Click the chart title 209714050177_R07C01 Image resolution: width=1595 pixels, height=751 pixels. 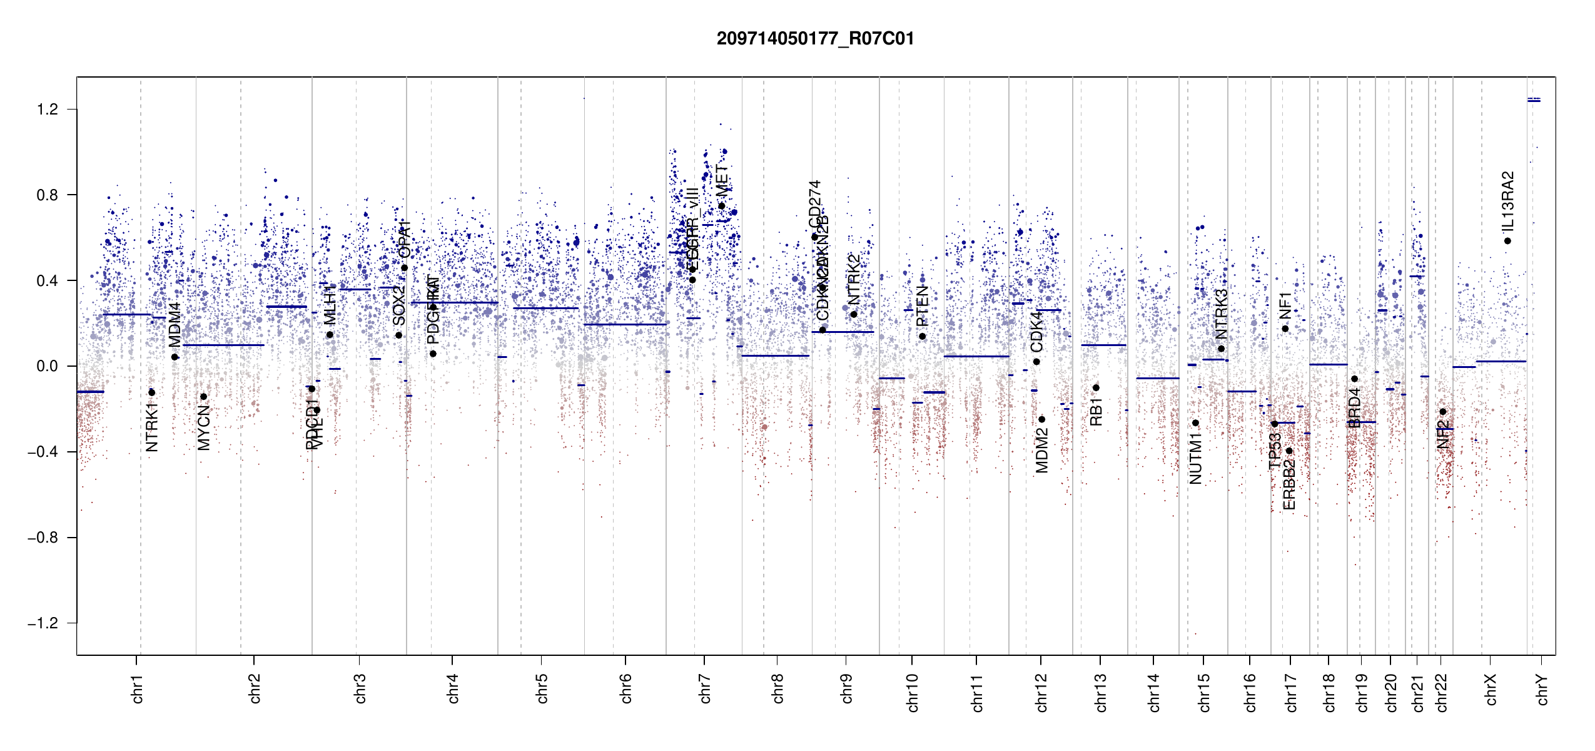click(815, 39)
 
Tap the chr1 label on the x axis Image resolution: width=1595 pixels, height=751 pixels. click(137, 688)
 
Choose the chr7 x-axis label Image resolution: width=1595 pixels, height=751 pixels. click(705, 688)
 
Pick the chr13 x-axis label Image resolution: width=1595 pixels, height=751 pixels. click(1101, 692)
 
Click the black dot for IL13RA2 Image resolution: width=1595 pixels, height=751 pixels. click(1507, 241)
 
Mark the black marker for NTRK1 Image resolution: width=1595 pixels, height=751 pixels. click(151, 392)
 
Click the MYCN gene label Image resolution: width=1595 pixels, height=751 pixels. click(204, 427)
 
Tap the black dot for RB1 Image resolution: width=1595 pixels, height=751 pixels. click(1096, 388)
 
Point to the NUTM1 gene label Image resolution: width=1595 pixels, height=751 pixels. click(1195, 462)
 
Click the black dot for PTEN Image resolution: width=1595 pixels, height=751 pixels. click(922, 337)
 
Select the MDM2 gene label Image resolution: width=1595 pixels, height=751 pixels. click(1041, 451)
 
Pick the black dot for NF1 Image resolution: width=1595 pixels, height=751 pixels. click(1285, 329)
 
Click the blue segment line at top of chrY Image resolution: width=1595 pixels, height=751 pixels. click(1534, 100)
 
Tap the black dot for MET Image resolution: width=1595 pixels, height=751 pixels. click(721, 206)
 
